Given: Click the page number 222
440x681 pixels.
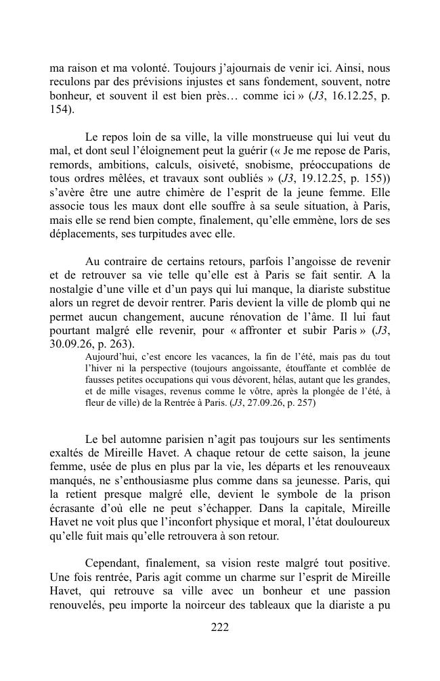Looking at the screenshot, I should click(220, 627).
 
